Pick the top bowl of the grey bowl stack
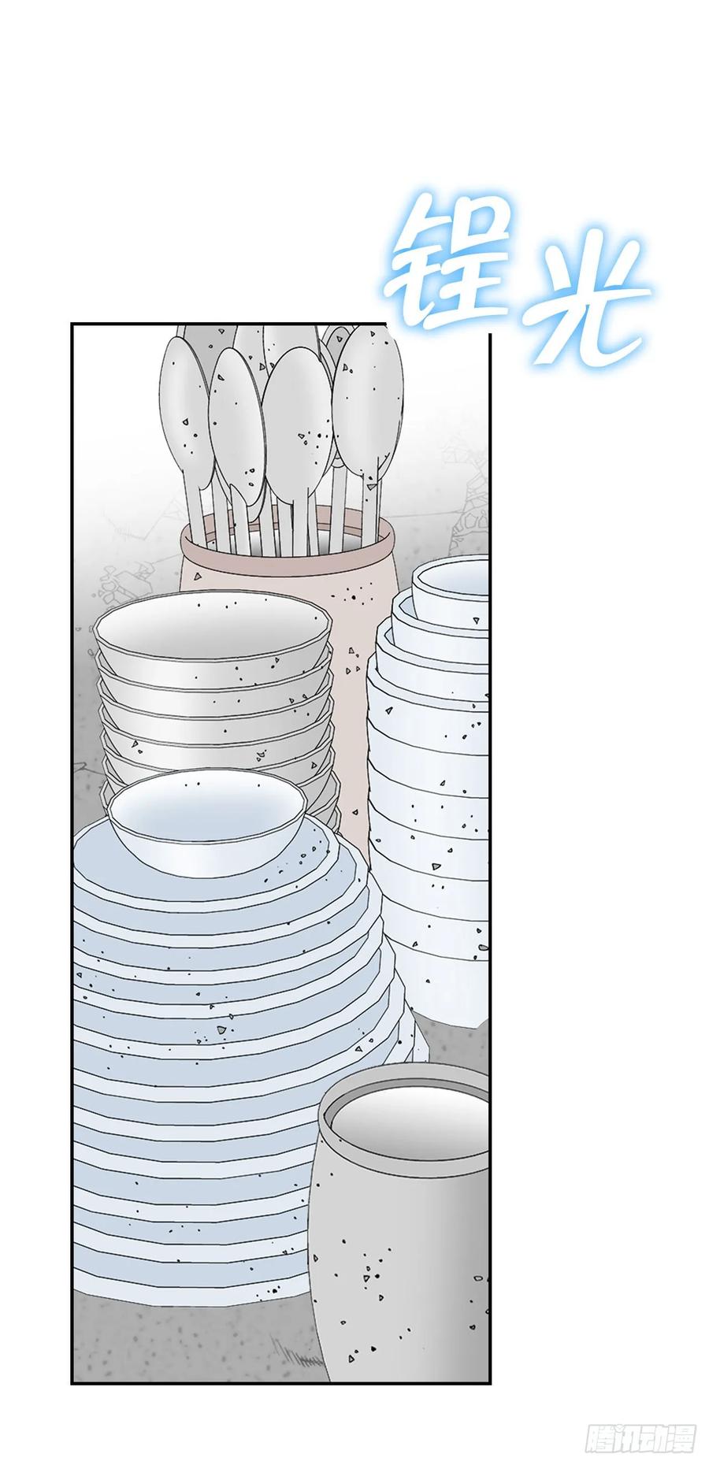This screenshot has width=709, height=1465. tap(213, 630)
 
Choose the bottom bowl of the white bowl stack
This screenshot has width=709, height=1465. tap(445, 985)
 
